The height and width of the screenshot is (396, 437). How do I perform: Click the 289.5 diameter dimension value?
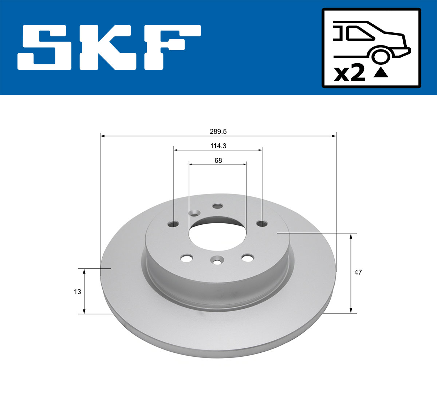click(x=218, y=132)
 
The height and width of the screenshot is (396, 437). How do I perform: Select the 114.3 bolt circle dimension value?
click(x=218, y=146)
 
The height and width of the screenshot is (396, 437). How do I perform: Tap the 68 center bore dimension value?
click(x=218, y=160)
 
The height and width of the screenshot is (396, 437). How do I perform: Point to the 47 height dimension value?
click(x=358, y=272)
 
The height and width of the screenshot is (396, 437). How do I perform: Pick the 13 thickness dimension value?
click(x=77, y=292)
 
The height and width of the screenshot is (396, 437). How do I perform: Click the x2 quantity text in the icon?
click(x=350, y=73)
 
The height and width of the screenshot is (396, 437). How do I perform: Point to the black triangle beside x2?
click(x=381, y=73)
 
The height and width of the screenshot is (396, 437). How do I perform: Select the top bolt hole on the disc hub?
click(x=217, y=206)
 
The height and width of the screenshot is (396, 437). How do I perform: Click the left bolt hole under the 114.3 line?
click(x=174, y=224)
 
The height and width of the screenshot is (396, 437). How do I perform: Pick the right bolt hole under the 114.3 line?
click(x=261, y=223)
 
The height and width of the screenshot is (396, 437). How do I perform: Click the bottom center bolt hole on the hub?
click(x=217, y=260)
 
